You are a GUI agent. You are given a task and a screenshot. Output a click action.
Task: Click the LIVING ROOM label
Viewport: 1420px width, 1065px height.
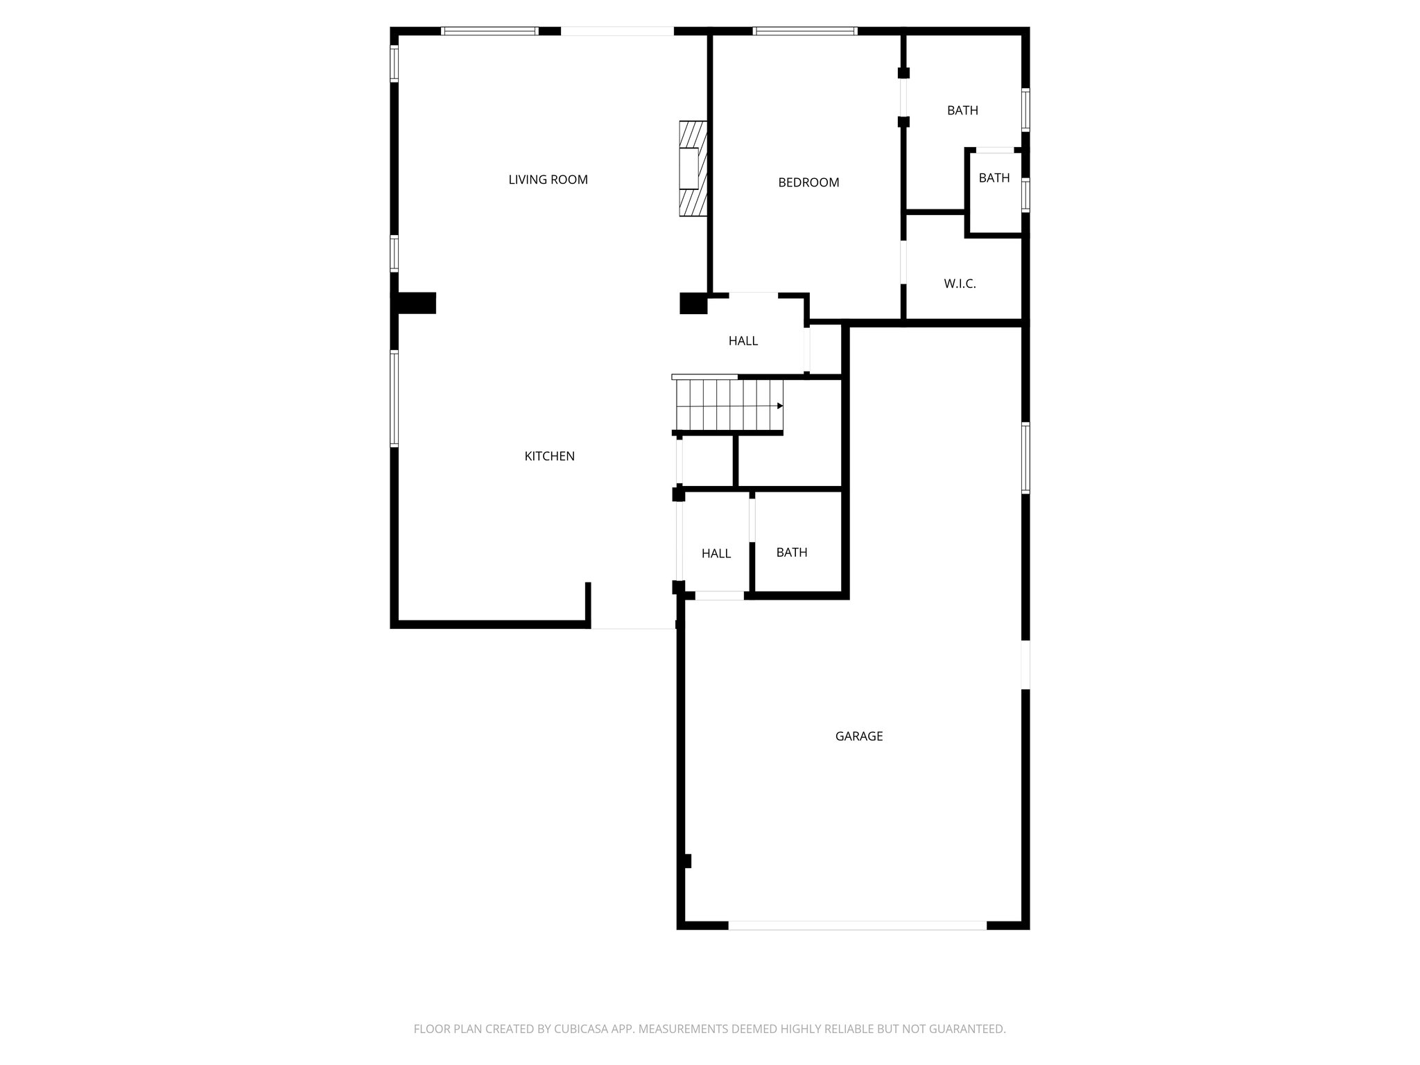point(548,180)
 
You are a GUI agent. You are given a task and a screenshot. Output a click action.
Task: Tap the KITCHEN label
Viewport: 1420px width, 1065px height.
point(549,456)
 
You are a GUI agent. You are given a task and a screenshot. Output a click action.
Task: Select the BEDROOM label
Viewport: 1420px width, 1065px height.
point(808,182)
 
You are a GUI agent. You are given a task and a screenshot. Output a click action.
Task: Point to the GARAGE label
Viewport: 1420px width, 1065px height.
point(858,736)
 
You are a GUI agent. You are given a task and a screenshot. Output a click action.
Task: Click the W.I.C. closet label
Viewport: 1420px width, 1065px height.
point(960,284)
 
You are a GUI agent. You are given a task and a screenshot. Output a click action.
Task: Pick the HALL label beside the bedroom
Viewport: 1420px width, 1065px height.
point(743,341)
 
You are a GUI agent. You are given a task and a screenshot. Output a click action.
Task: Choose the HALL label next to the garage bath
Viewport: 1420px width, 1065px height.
point(716,553)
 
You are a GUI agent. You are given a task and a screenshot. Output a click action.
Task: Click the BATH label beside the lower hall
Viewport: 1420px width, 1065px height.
point(791,553)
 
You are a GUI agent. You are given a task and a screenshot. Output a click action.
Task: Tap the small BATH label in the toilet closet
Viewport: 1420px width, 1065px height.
point(994,178)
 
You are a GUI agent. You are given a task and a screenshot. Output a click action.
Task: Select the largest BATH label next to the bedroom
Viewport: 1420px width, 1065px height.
point(962,110)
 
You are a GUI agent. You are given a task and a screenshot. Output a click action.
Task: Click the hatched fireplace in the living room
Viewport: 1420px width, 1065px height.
point(692,168)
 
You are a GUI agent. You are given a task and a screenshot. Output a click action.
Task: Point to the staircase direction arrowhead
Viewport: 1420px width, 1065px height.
point(780,406)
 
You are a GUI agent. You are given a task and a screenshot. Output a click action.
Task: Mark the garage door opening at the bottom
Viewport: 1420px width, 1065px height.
point(857,925)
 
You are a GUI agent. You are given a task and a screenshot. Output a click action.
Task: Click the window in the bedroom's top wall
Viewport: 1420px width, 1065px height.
point(804,31)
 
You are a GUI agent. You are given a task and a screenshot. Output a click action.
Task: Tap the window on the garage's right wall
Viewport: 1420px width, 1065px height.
point(1025,458)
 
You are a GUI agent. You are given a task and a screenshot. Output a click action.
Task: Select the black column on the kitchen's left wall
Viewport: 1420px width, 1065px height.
point(416,303)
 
